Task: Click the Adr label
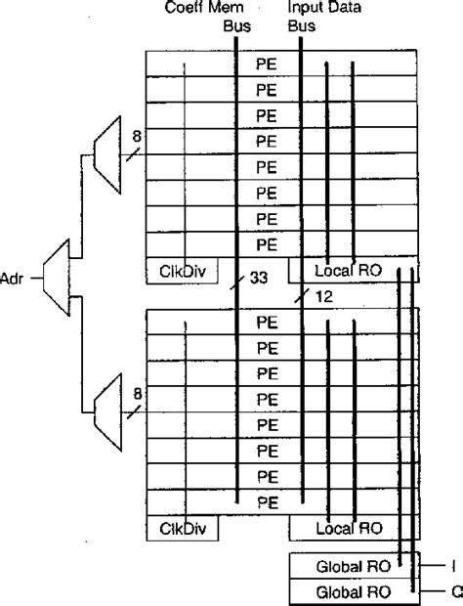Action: pyautogui.click(x=14, y=278)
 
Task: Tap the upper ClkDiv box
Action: pyautogui.click(x=182, y=269)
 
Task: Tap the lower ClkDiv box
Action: pyautogui.click(x=182, y=528)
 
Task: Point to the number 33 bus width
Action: pyautogui.click(x=259, y=280)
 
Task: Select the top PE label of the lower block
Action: pyautogui.click(x=266, y=321)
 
